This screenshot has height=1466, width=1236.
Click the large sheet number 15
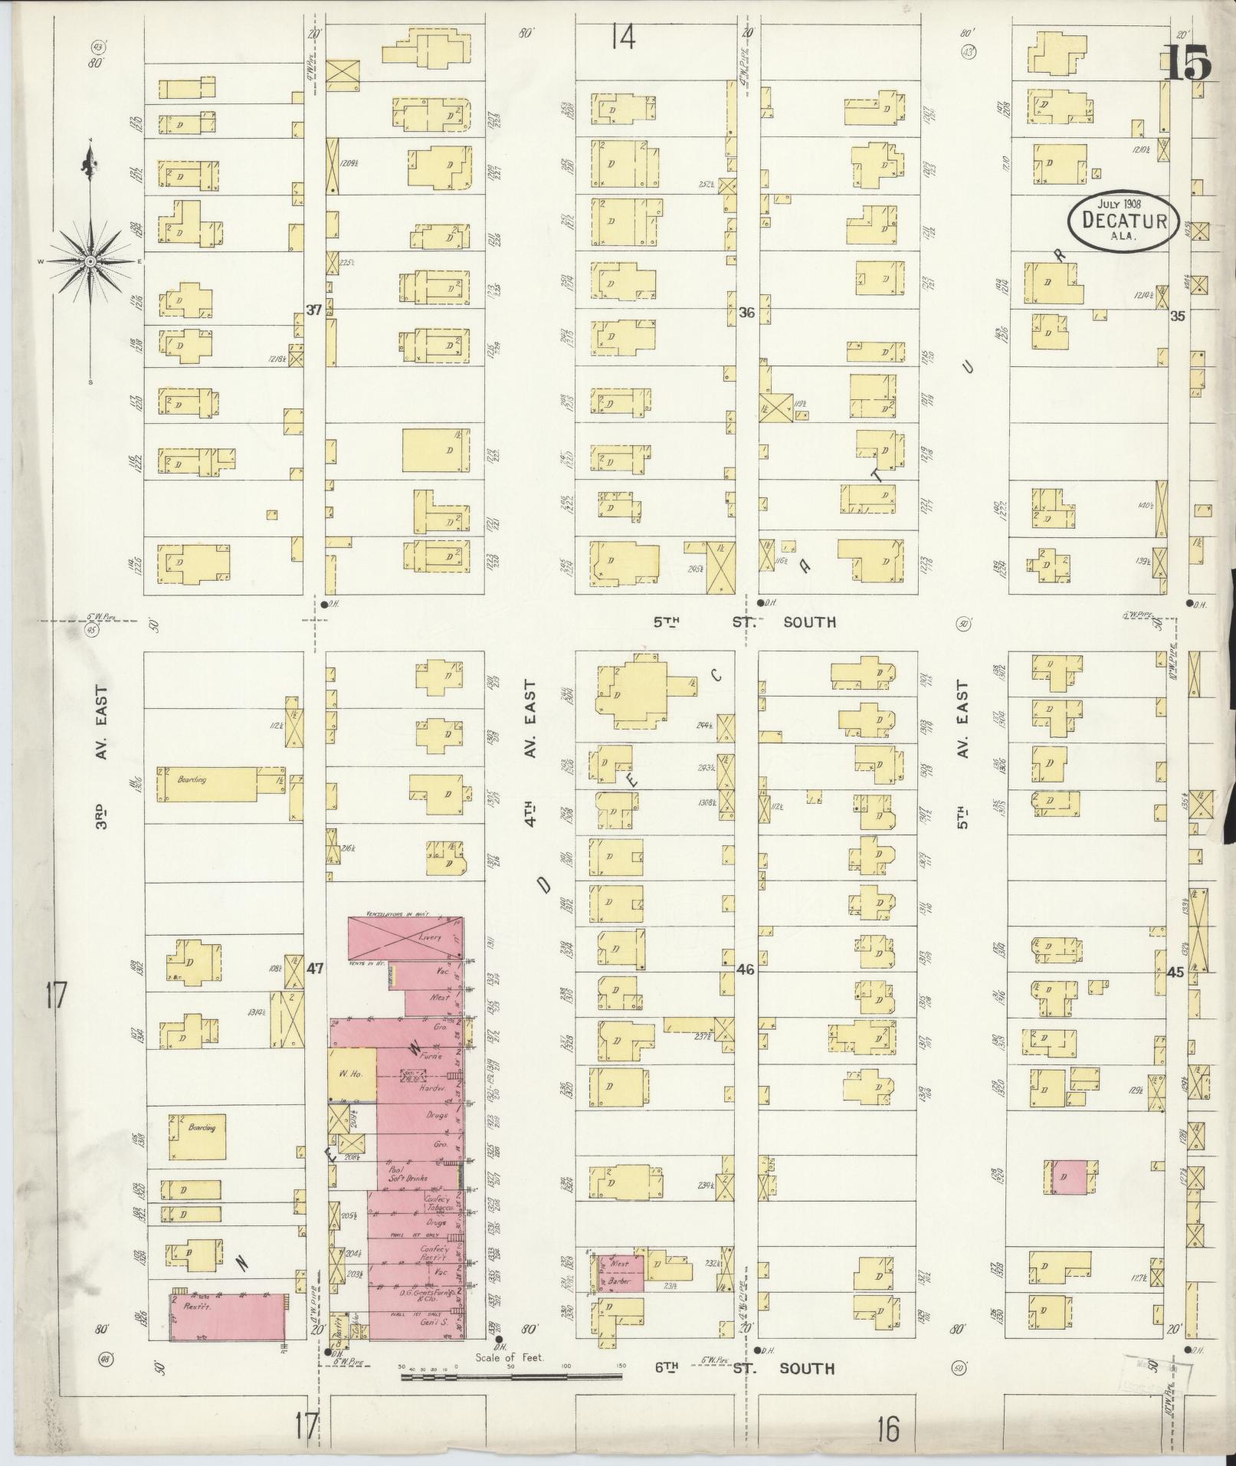pyautogui.click(x=1188, y=63)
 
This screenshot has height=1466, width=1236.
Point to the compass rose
pyautogui.click(x=90, y=261)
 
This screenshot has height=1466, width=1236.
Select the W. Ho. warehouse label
pyautogui.click(x=352, y=1074)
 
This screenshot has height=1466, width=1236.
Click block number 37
pyautogui.click(x=313, y=310)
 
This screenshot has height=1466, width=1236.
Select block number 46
pyautogui.click(x=745, y=969)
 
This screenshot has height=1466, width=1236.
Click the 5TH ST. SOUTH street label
pyautogui.click(x=744, y=621)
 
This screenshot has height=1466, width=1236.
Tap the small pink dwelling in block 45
pyautogui.click(x=1068, y=1198)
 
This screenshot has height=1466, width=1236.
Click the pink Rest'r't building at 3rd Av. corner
pyautogui.click(x=226, y=1317)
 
